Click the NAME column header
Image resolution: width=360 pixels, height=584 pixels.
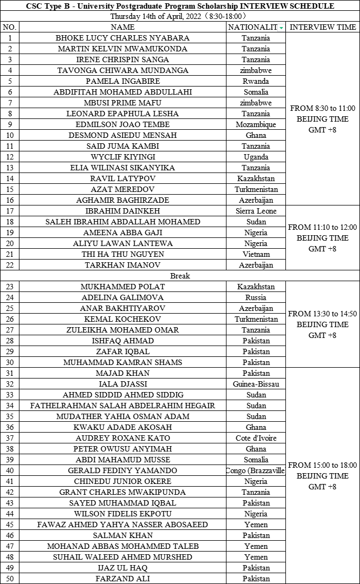[122, 27]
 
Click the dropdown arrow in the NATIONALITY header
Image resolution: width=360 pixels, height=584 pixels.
[281, 28]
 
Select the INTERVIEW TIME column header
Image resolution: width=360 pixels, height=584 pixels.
[323, 27]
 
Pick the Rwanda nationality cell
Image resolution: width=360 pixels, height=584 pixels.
[256, 81]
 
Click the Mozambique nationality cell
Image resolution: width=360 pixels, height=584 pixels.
[256, 124]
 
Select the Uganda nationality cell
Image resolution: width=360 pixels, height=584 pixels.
[256, 157]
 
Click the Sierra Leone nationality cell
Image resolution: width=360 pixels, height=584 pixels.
[256, 211]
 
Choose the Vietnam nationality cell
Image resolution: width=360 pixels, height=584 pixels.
[256, 254]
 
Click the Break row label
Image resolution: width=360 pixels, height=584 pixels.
[180, 276]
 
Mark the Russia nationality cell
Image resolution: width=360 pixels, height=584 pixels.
[256, 297]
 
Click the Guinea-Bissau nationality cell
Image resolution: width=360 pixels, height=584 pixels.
[256, 384]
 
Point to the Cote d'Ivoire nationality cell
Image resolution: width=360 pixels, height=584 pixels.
[256, 438]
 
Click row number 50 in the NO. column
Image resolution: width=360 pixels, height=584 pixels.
[10, 579]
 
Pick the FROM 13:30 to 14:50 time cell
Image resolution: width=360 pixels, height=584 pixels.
[323, 324]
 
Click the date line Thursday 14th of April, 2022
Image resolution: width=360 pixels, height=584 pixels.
[180, 16]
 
